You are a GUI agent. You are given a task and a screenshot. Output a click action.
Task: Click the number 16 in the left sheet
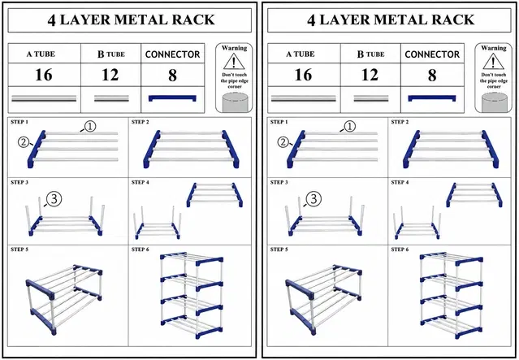(44, 75)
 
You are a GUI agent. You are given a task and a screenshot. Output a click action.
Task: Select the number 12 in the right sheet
(370, 75)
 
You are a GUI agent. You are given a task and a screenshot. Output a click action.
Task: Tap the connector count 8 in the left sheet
(172, 76)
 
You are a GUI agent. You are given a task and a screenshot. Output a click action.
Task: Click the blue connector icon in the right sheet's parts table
(432, 98)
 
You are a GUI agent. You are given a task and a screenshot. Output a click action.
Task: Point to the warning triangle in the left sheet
(234, 61)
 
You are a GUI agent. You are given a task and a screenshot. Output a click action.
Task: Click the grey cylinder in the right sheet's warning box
(494, 102)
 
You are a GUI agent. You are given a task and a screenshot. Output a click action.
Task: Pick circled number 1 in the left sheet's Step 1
(90, 126)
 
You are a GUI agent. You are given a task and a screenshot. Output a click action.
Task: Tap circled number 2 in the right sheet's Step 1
(283, 142)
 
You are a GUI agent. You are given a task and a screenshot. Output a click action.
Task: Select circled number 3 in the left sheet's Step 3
(54, 199)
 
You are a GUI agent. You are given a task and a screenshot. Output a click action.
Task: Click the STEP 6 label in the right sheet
(400, 249)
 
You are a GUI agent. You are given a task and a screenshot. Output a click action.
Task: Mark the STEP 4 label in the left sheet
(140, 183)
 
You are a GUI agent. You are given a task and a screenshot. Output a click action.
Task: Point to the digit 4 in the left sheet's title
(51, 20)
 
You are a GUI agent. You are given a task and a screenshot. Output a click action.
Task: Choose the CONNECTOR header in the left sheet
(172, 54)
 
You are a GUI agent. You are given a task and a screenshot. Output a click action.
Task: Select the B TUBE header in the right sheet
(370, 54)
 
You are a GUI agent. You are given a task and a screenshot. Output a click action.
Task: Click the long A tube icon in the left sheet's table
(44, 98)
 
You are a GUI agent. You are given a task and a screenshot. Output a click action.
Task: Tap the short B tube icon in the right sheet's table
(371, 98)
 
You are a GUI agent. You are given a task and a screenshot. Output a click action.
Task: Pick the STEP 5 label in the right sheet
(279, 249)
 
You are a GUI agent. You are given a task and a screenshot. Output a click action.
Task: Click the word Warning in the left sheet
(234, 48)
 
